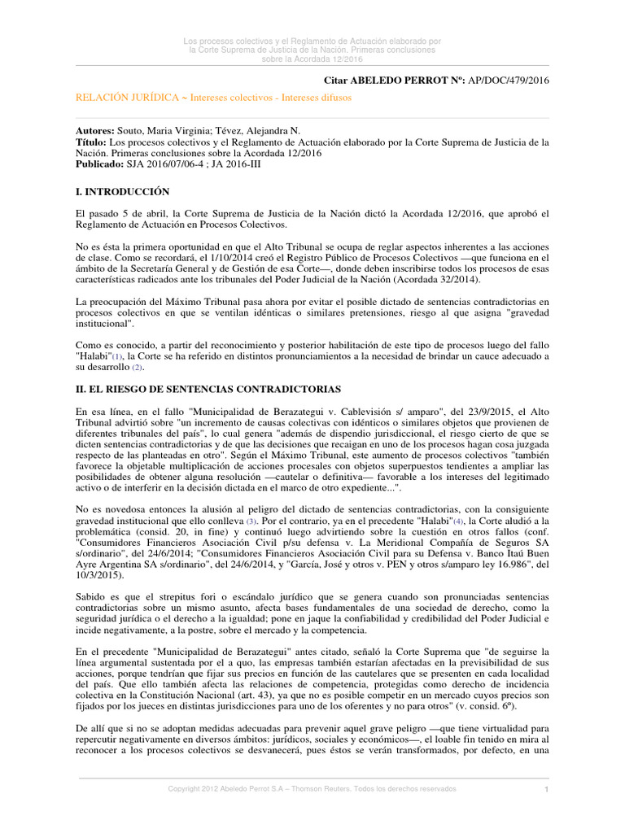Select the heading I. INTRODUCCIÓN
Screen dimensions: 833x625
tap(122, 192)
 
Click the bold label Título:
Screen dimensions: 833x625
tap(93, 142)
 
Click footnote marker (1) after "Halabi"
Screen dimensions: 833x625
tap(119, 356)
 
